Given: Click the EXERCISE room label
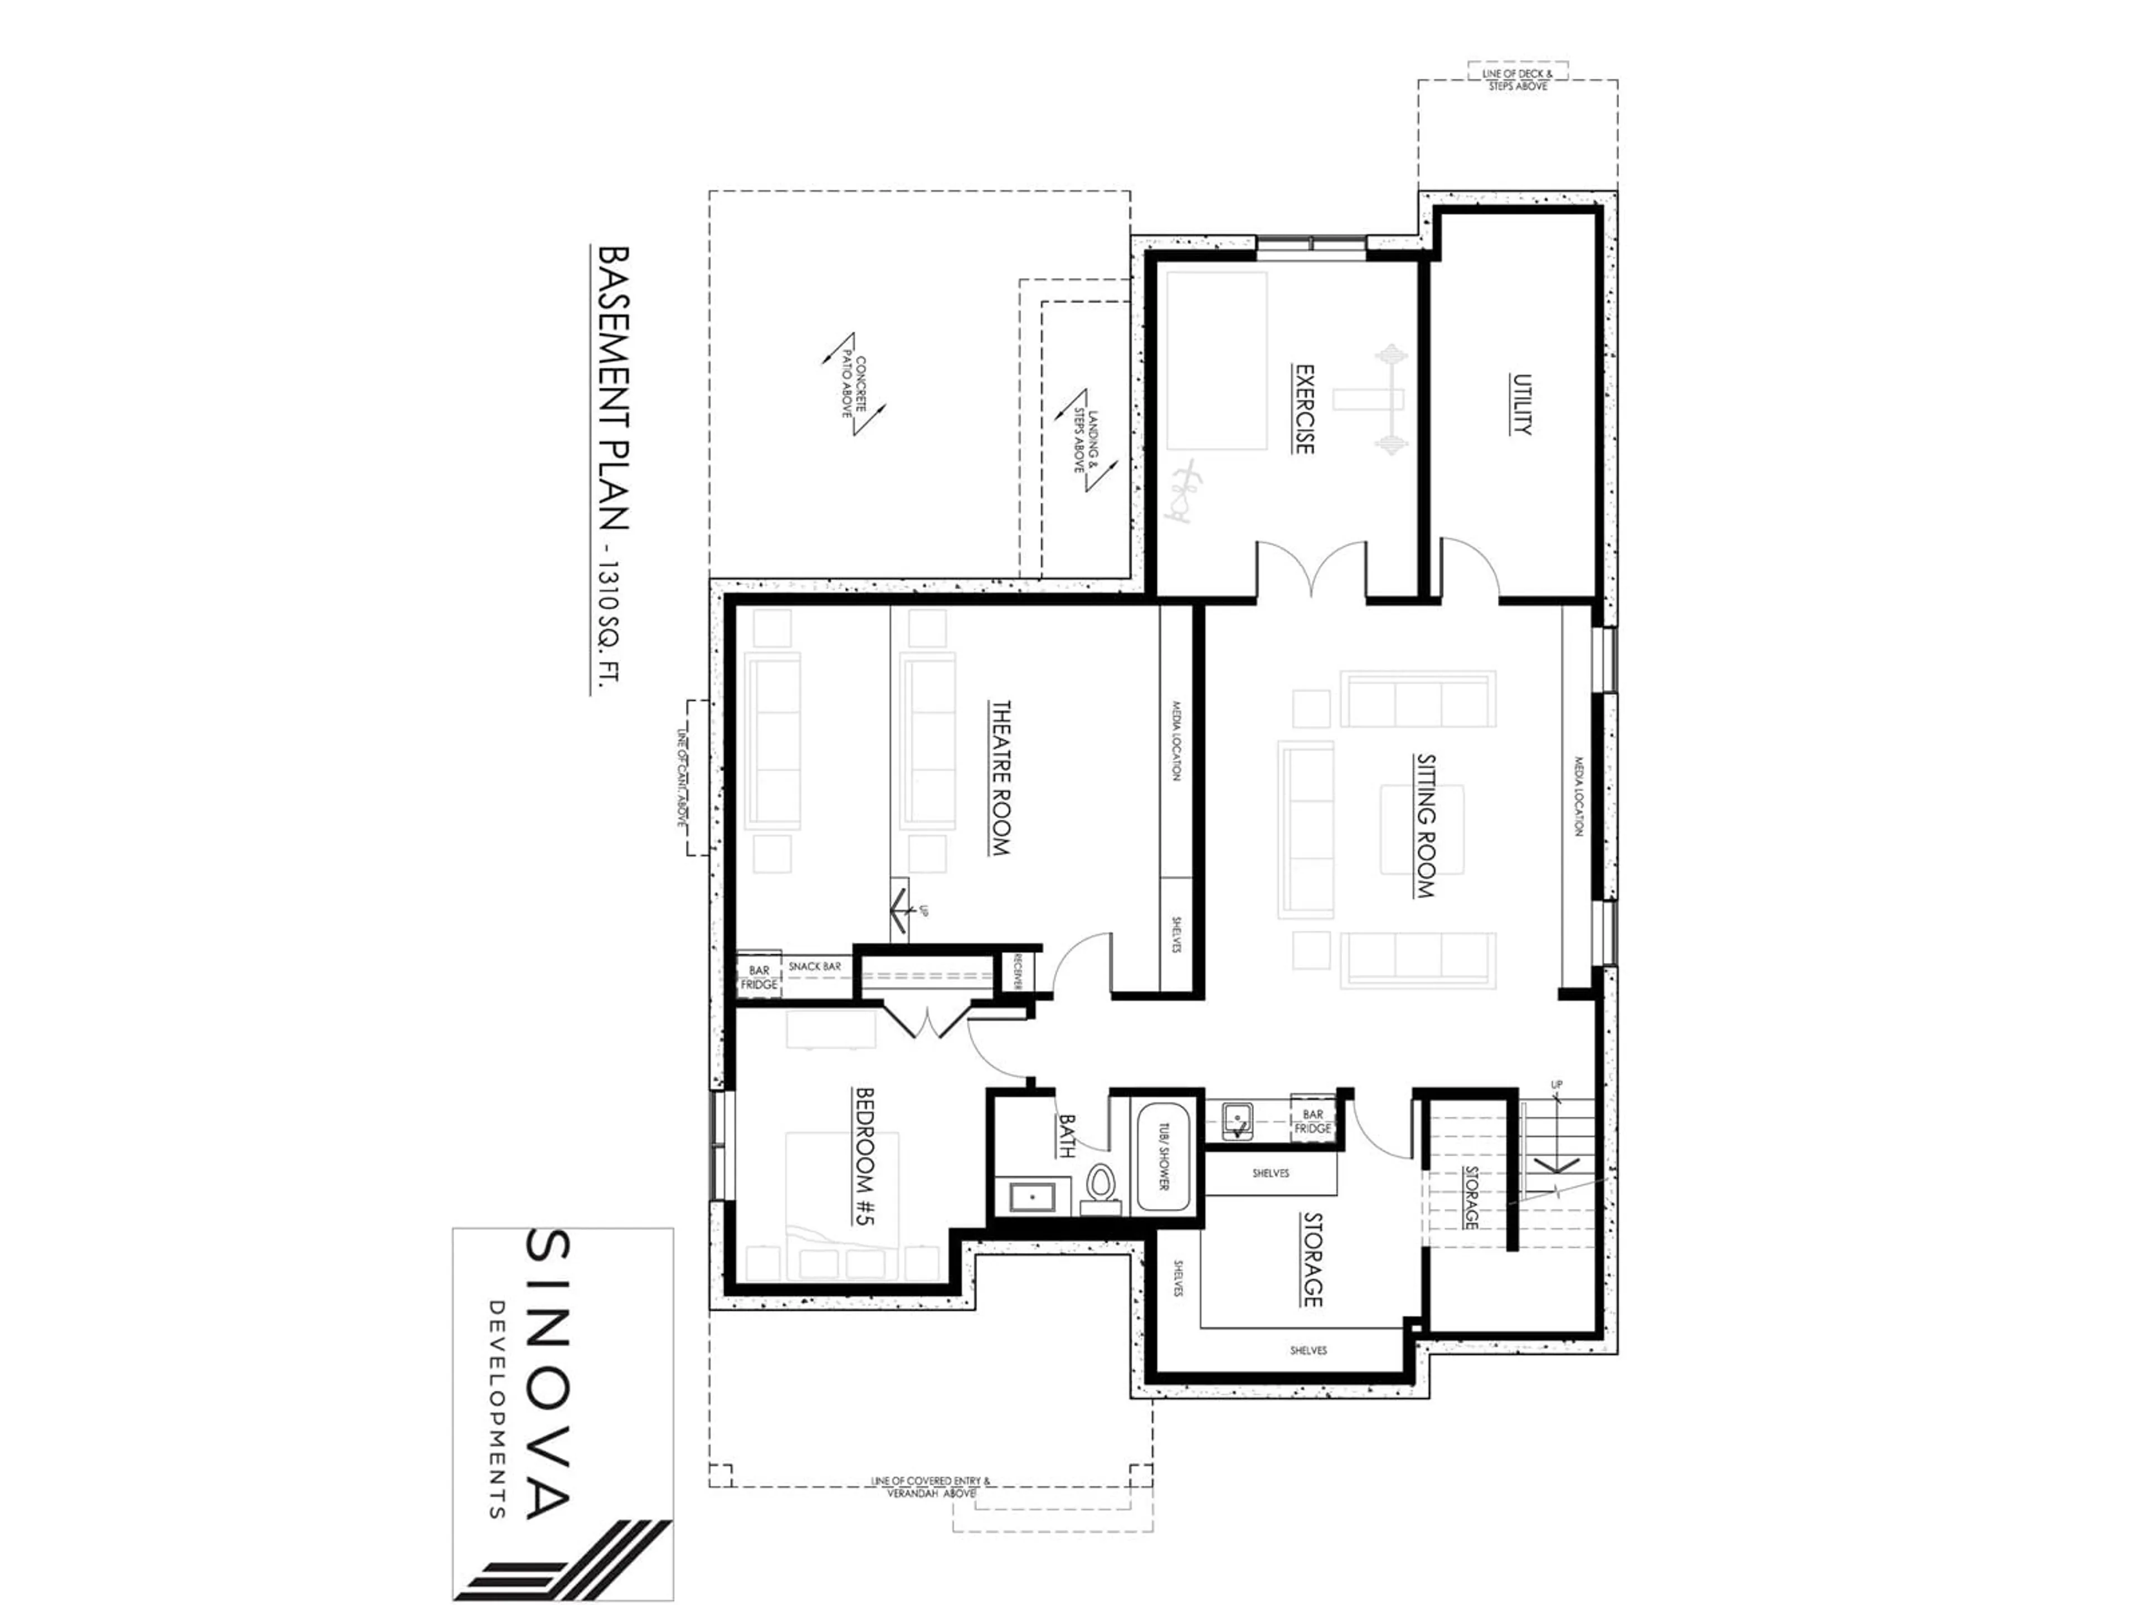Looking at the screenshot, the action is pos(1304,409).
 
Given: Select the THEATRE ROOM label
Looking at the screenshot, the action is pos(1000,779).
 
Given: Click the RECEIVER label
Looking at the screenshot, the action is pos(1019,972).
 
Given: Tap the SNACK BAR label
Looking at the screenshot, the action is pos(815,966).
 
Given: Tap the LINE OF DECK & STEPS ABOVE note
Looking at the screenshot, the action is pos(1518,79).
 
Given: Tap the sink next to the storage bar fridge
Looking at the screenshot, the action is pos(1237,1120).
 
